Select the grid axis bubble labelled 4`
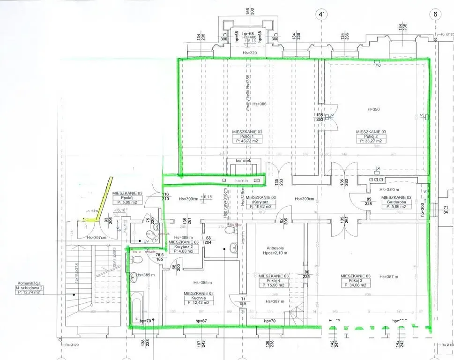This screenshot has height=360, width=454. click(321, 14)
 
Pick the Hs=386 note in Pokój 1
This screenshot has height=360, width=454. click(260, 104)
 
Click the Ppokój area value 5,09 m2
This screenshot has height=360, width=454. click(124, 203)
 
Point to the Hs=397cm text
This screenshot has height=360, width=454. click(97, 238)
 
